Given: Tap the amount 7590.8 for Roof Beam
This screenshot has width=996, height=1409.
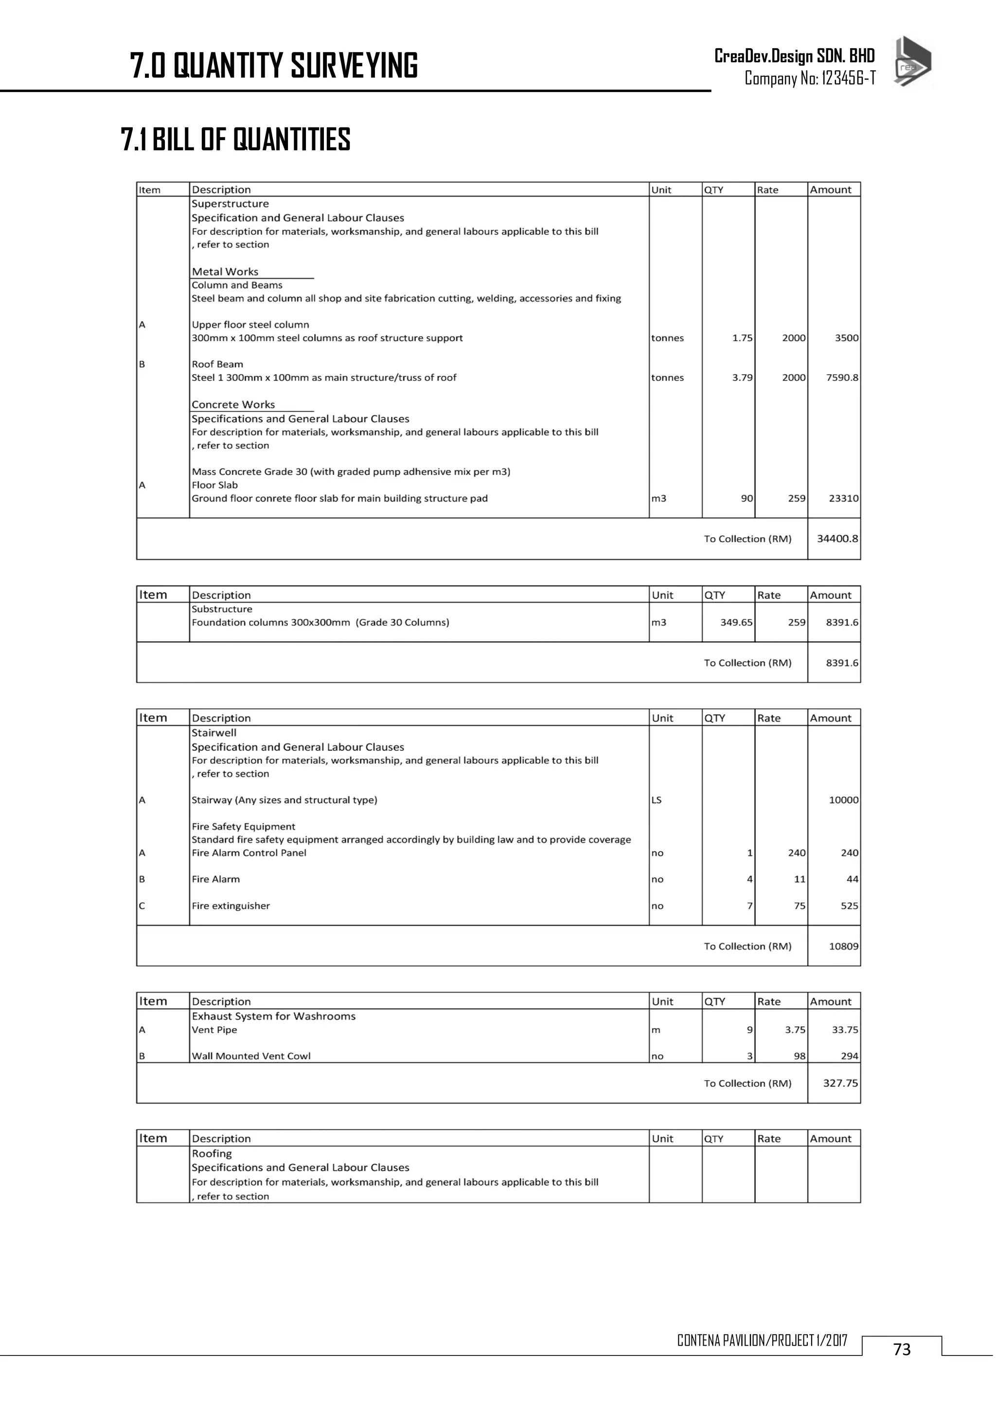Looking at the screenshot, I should point(841,378).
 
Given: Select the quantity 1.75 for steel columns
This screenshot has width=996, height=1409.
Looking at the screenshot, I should point(742,338).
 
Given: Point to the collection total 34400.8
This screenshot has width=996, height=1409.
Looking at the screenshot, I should point(837,539).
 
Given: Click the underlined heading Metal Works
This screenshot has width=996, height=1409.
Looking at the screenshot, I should point(225,272).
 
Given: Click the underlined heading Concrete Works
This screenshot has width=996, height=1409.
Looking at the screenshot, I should point(233,405).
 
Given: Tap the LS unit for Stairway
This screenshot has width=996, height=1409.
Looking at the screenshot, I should point(656,800).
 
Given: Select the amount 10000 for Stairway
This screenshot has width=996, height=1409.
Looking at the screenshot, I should point(843,800).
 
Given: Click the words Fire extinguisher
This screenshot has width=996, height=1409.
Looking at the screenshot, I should point(231,906).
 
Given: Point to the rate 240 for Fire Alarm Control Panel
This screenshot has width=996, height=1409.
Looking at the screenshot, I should point(797,853).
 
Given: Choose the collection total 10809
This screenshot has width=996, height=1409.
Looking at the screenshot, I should point(843,946).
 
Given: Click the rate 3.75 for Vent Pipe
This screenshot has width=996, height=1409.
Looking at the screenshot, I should point(795,1030).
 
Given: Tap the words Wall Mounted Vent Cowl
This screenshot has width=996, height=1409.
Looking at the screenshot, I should point(251,1056).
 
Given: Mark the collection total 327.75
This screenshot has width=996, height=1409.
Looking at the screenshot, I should point(840,1083).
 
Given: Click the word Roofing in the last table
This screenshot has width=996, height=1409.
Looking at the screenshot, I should point(212,1154).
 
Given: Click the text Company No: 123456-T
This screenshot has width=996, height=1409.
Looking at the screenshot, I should point(810,78).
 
